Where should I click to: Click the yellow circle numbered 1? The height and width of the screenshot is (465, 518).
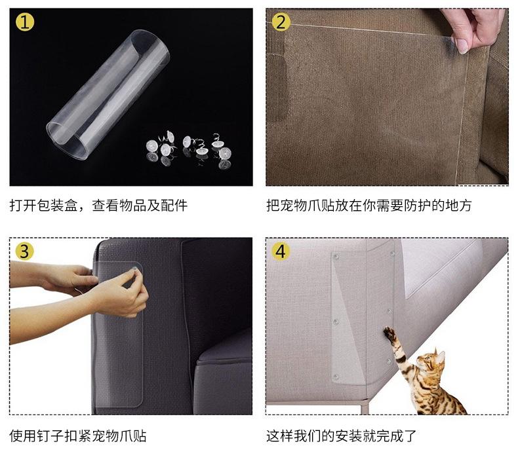click(25, 22)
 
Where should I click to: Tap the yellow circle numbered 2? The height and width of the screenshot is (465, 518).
click(281, 22)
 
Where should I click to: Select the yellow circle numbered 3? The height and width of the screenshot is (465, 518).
click(24, 251)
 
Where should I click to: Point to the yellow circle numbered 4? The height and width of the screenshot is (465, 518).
click(281, 251)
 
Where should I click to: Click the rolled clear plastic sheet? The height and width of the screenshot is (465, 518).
click(108, 94)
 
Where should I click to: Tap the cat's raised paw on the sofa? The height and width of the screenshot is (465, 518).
click(389, 333)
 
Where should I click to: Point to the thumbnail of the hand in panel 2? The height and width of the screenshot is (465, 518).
click(462, 46)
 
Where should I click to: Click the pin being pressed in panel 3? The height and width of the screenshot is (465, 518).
click(134, 267)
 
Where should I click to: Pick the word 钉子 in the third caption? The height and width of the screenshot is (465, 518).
click(50, 436)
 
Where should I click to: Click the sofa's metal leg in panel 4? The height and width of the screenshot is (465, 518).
click(364, 406)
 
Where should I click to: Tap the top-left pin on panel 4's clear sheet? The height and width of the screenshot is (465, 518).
click(336, 257)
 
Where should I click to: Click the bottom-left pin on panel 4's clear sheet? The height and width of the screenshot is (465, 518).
click(336, 377)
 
